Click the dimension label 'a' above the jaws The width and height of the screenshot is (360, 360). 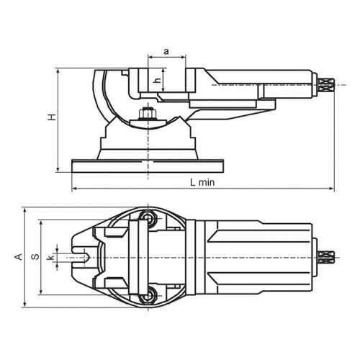(x=166, y=51)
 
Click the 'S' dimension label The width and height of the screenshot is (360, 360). (x=35, y=256)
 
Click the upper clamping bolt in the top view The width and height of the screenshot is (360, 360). (x=148, y=217)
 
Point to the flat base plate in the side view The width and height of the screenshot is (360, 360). (x=148, y=166)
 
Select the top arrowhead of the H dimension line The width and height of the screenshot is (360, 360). (x=56, y=71)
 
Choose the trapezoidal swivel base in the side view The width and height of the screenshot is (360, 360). (x=148, y=140)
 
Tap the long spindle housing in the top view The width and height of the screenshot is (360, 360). (x=259, y=256)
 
